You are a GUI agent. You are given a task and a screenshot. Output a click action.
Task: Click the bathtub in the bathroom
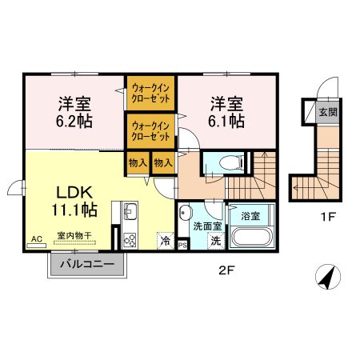[x=252, y=238]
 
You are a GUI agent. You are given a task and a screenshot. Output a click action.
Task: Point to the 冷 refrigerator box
[x=166, y=240]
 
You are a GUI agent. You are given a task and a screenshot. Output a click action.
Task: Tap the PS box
[x=182, y=244]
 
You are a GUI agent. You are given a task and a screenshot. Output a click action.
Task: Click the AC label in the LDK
[x=36, y=238]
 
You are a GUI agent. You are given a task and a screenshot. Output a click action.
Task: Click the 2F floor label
[x=226, y=270]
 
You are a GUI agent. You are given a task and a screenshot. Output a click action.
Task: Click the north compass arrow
[x=326, y=278]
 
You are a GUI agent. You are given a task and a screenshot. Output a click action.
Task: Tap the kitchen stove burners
[x=131, y=238]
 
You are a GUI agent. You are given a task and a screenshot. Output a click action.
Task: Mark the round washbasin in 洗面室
[x=186, y=213]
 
